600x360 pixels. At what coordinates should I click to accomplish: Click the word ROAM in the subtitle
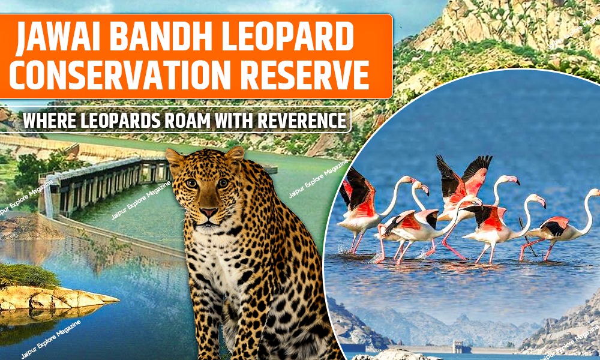[x=208, y=121]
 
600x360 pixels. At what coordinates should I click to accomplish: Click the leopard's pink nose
[x=209, y=212]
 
